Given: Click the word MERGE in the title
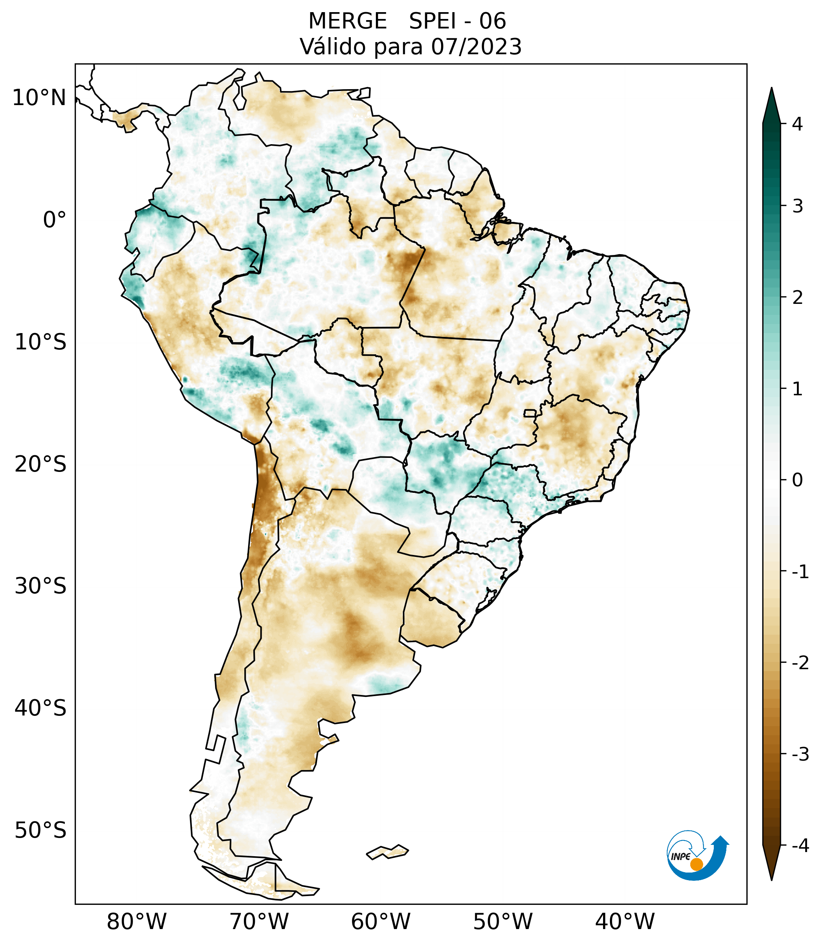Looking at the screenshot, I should click(347, 21).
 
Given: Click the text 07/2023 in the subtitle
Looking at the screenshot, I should click(476, 47).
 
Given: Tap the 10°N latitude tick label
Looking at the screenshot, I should click(39, 98).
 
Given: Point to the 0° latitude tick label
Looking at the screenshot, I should click(55, 220).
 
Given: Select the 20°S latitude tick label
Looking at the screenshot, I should click(41, 464).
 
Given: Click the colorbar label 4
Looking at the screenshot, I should click(797, 124).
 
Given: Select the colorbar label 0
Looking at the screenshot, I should click(797, 480).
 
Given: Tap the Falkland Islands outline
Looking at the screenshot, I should click(387, 852).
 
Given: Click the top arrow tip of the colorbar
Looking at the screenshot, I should click(771, 89).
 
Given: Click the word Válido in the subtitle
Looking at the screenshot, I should click(333, 47).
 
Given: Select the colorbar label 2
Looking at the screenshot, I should click(797, 298).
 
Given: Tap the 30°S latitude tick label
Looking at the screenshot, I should click(41, 586).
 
